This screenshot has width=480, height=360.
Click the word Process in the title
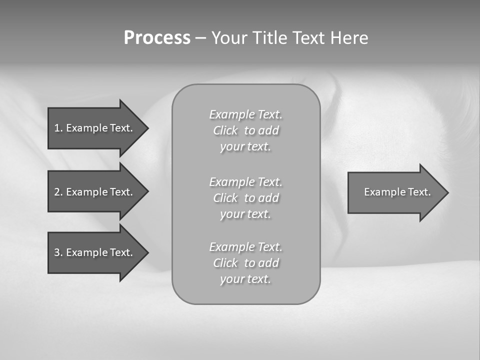coord(157,38)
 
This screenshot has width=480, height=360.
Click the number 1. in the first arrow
coord(58,128)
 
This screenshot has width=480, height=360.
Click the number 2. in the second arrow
coord(58,192)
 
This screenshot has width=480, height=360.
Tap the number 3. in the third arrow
coord(58,252)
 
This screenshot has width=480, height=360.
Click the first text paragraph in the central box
coord(246,130)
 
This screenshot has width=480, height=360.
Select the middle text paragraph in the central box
coord(246,198)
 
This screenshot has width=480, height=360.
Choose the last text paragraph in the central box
coord(246,263)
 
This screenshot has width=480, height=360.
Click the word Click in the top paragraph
coord(225,130)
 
